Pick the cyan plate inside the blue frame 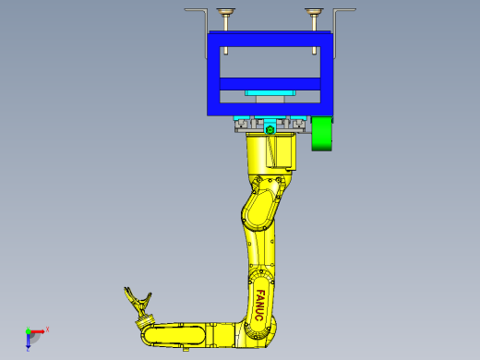pyautogui.click(x=269, y=92)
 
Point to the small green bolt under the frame pyautogui.click(x=270, y=131)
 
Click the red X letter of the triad pyautogui.click(x=47, y=329)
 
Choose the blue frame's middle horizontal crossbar pyautogui.click(x=269, y=84)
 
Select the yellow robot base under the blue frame pyautogui.click(x=270, y=152)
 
